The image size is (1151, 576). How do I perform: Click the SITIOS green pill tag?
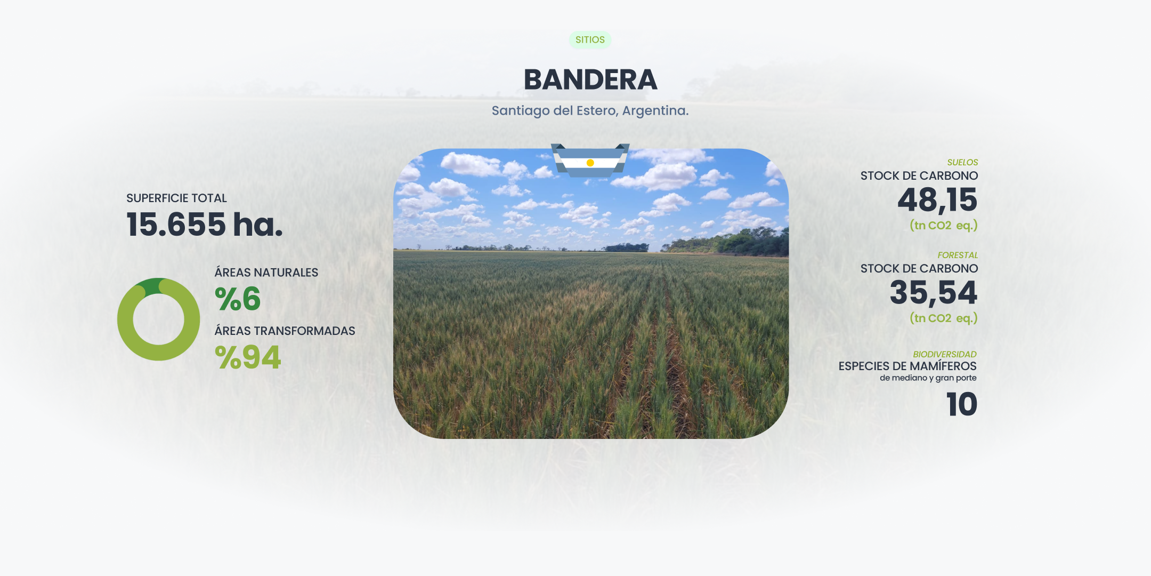(590, 40)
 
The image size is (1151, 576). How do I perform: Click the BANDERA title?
(590, 80)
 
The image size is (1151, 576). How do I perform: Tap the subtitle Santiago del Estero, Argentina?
(590, 111)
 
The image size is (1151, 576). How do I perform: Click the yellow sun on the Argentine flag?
(590, 163)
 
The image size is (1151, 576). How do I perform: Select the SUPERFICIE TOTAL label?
(176, 198)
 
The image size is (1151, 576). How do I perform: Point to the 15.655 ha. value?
(204, 224)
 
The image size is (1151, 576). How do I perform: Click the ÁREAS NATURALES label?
(266, 272)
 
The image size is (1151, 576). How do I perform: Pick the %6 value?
(238, 299)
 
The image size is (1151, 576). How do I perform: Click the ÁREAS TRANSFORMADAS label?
(285, 331)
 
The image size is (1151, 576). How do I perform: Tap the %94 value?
(248, 357)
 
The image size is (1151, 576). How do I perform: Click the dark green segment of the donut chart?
(152, 286)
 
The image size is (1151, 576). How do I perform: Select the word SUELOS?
(962, 162)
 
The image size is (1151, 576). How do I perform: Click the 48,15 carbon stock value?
(937, 201)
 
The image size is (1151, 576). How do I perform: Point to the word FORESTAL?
(958, 255)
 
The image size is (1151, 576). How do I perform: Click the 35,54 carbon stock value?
(934, 293)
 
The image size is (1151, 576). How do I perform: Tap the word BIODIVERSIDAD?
(945, 354)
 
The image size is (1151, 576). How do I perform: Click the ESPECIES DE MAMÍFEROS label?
(907, 366)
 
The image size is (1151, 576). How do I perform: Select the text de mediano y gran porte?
(928, 378)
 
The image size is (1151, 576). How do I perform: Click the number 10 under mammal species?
(962, 404)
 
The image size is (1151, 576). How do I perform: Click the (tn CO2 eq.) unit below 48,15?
(944, 226)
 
